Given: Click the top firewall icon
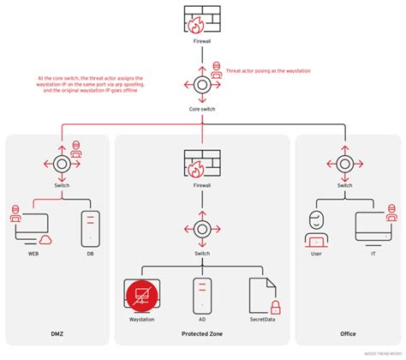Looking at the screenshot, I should click(203, 19).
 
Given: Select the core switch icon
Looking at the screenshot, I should click(203, 87).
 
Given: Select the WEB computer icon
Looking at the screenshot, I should click(33, 226).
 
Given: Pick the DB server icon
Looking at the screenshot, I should click(89, 227).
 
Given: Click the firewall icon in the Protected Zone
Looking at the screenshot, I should click(203, 164).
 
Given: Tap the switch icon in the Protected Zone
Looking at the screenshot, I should click(203, 229).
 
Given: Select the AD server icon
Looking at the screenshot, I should click(203, 294).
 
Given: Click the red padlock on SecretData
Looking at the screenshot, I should click(276, 306).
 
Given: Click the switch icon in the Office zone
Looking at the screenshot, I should click(344, 164).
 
